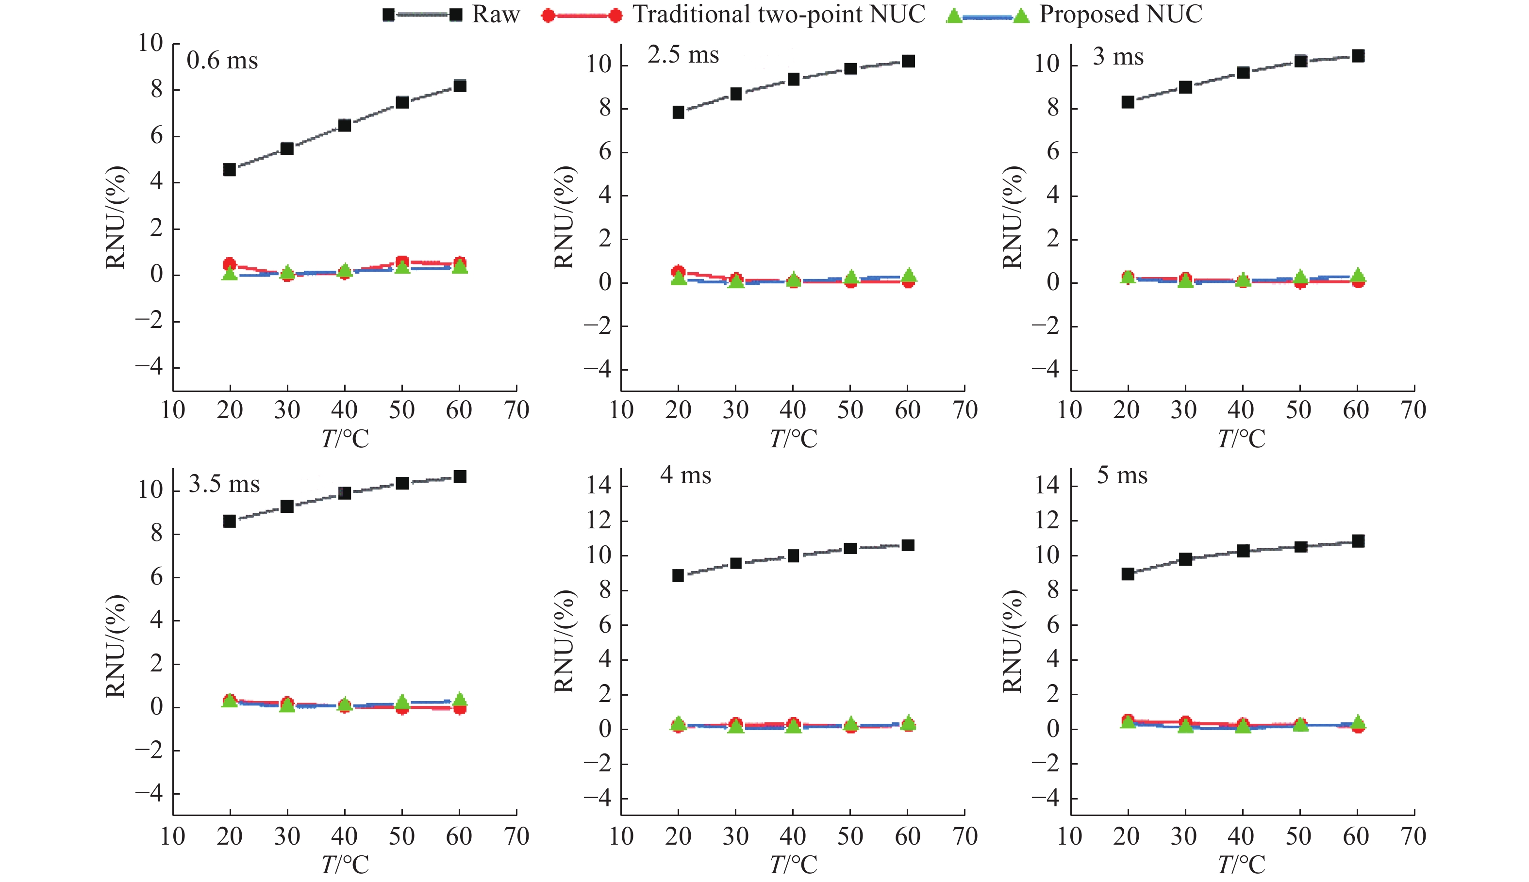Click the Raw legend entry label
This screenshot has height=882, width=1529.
point(495,14)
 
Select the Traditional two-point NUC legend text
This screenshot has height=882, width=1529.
point(779,14)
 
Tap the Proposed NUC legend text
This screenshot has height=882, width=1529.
point(1121,14)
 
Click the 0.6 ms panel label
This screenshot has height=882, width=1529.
point(222,61)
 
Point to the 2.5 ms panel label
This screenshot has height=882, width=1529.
point(683,55)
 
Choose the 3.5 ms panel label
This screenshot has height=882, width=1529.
point(224,484)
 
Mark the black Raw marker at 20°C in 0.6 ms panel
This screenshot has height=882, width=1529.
point(230,170)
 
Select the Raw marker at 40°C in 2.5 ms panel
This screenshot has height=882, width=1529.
point(793,80)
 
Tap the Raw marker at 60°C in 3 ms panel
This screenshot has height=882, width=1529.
point(1358,56)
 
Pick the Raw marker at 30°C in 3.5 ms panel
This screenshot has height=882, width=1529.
point(287,506)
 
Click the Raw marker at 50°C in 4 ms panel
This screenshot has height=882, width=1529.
point(850,548)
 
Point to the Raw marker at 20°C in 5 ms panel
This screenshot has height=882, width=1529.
point(1128,573)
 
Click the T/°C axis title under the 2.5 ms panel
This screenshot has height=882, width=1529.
point(793,439)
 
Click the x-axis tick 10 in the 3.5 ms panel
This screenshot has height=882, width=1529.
point(173,836)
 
